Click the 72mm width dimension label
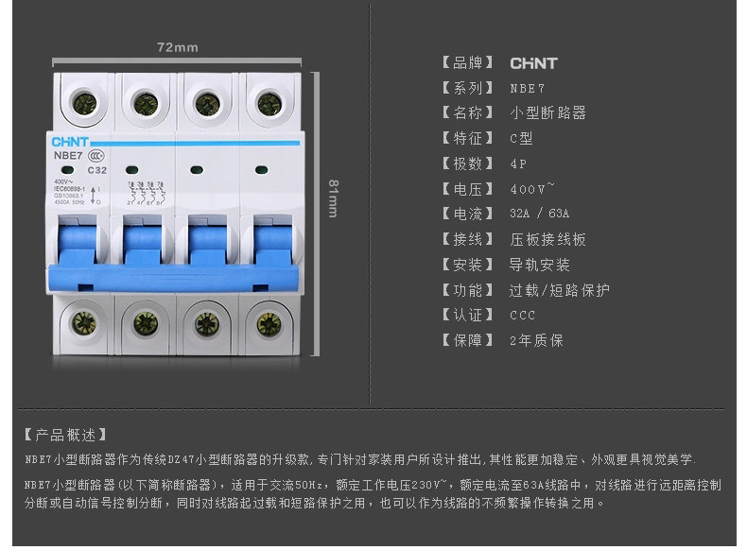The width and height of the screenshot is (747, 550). pyautogui.click(x=177, y=47)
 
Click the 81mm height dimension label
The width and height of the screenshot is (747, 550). pyautogui.click(x=333, y=198)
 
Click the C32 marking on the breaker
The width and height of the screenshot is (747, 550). pyautogui.click(x=96, y=170)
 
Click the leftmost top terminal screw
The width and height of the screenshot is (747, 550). pyautogui.click(x=84, y=102)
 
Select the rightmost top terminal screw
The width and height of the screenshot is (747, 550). pyautogui.click(x=269, y=103)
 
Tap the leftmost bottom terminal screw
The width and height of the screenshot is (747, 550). pyautogui.click(x=84, y=323)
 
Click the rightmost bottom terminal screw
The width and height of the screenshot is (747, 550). pyautogui.click(x=269, y=323)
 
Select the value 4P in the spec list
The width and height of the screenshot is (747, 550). pyautogui.click(x=518, y=163)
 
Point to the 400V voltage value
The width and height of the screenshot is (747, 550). pyautogui.click(x=531, y=188)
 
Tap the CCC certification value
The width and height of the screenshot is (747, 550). pyautogui.click(x=522, y=315)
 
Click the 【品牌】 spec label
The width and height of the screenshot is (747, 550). pyautogui.click(x=468, y=63)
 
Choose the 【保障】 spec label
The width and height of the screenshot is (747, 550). pyautogui.click(x=468, y=340)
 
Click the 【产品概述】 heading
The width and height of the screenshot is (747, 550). pyautogui.click(x=65, y=436)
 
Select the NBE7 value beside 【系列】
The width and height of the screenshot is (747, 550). pyautogui.click(x=528, y=88)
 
